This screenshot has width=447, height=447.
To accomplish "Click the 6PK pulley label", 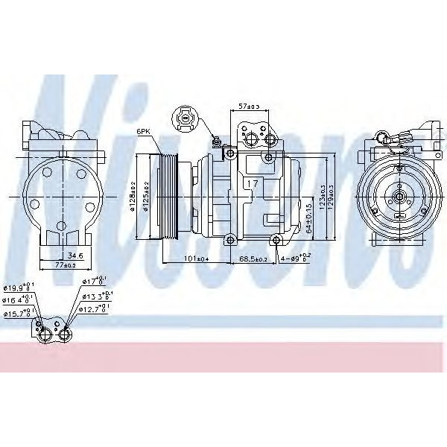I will point(143,131).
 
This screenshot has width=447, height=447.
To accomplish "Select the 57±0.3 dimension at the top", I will point(248,106).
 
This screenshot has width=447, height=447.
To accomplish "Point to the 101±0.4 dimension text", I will point(196,259).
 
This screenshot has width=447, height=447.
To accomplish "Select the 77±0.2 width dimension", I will point(66,265).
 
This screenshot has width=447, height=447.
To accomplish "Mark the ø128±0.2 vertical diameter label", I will point(133,196).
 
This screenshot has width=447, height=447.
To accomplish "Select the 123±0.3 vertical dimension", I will point(321,196).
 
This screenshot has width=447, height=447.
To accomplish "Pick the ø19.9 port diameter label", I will point(16,288).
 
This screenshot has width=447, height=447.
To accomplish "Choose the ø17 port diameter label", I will point(95,281).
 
